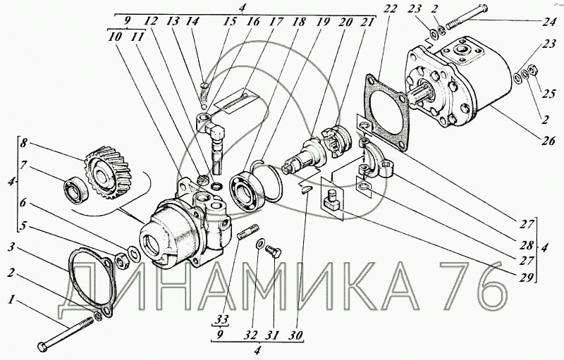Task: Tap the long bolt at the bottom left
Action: click(x=66, y=334)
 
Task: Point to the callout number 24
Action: click(x=548, y=23)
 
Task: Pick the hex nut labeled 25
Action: click(x=533, y=70)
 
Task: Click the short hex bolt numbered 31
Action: click(x=274, y=251)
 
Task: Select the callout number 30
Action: click(x=296, y=335)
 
